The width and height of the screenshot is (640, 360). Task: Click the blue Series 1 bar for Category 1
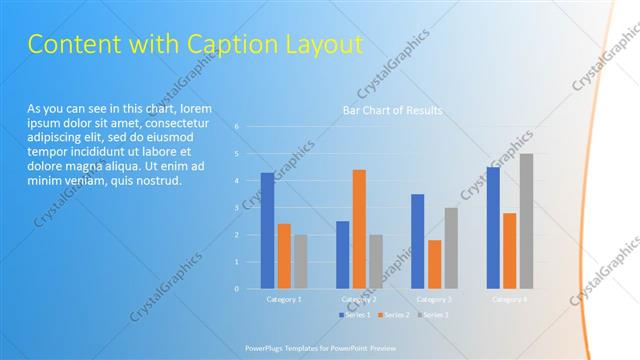(267, 230)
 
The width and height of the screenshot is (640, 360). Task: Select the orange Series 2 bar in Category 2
(359, 229)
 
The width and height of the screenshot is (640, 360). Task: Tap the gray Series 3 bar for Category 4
(526, 221)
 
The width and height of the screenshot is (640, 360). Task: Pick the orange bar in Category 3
(434, 264)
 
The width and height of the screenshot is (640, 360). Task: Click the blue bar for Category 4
(493, 227)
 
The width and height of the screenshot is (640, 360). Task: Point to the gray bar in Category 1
(301, 261)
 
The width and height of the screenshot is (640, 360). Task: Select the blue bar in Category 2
(342, 254)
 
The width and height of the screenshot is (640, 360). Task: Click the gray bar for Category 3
(451, 248)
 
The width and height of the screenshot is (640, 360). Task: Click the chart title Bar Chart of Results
(392, 110)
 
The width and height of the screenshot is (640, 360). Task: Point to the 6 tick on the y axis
(237, 127)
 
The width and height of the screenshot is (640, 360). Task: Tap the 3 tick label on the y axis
(237, 208)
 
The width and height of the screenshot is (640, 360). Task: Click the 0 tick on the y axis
(237, 289)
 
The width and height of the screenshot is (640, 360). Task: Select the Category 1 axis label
(284, 299)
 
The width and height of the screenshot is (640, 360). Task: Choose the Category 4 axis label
(510, 299)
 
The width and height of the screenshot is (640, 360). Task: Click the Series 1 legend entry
(356, 315)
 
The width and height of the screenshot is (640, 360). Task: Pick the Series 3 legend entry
(433, 315)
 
